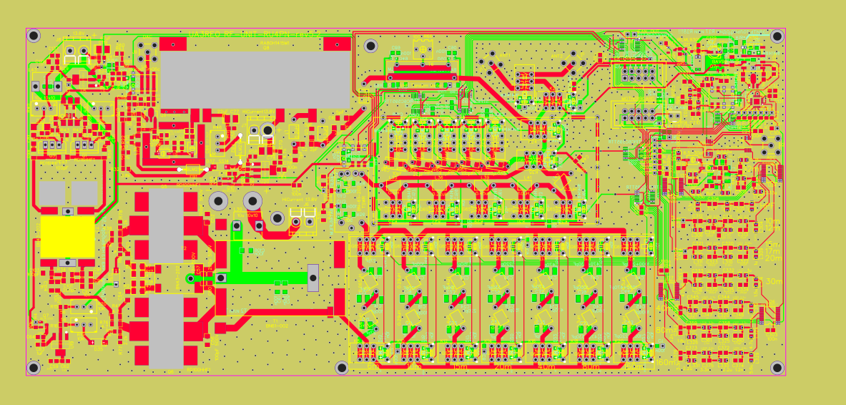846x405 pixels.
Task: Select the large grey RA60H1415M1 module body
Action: click(255, 79)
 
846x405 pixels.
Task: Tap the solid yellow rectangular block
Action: click(67, 236)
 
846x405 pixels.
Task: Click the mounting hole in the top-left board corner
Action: click(34, 36)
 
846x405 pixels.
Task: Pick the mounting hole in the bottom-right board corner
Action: click(777, 367)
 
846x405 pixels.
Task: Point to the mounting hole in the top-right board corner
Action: click(777, 36)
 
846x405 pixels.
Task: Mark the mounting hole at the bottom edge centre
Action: click(342, 367)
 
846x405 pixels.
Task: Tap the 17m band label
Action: click(773, 251)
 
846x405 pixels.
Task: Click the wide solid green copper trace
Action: click(272, 278)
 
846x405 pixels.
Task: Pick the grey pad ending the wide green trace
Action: click(313, 278)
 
